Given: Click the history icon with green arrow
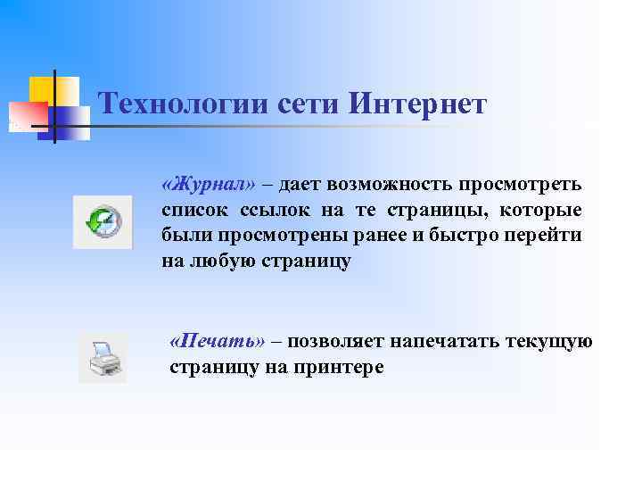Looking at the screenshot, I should coord(102,220).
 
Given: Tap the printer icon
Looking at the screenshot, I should coord(102,358).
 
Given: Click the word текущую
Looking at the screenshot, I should coord(549,342).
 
